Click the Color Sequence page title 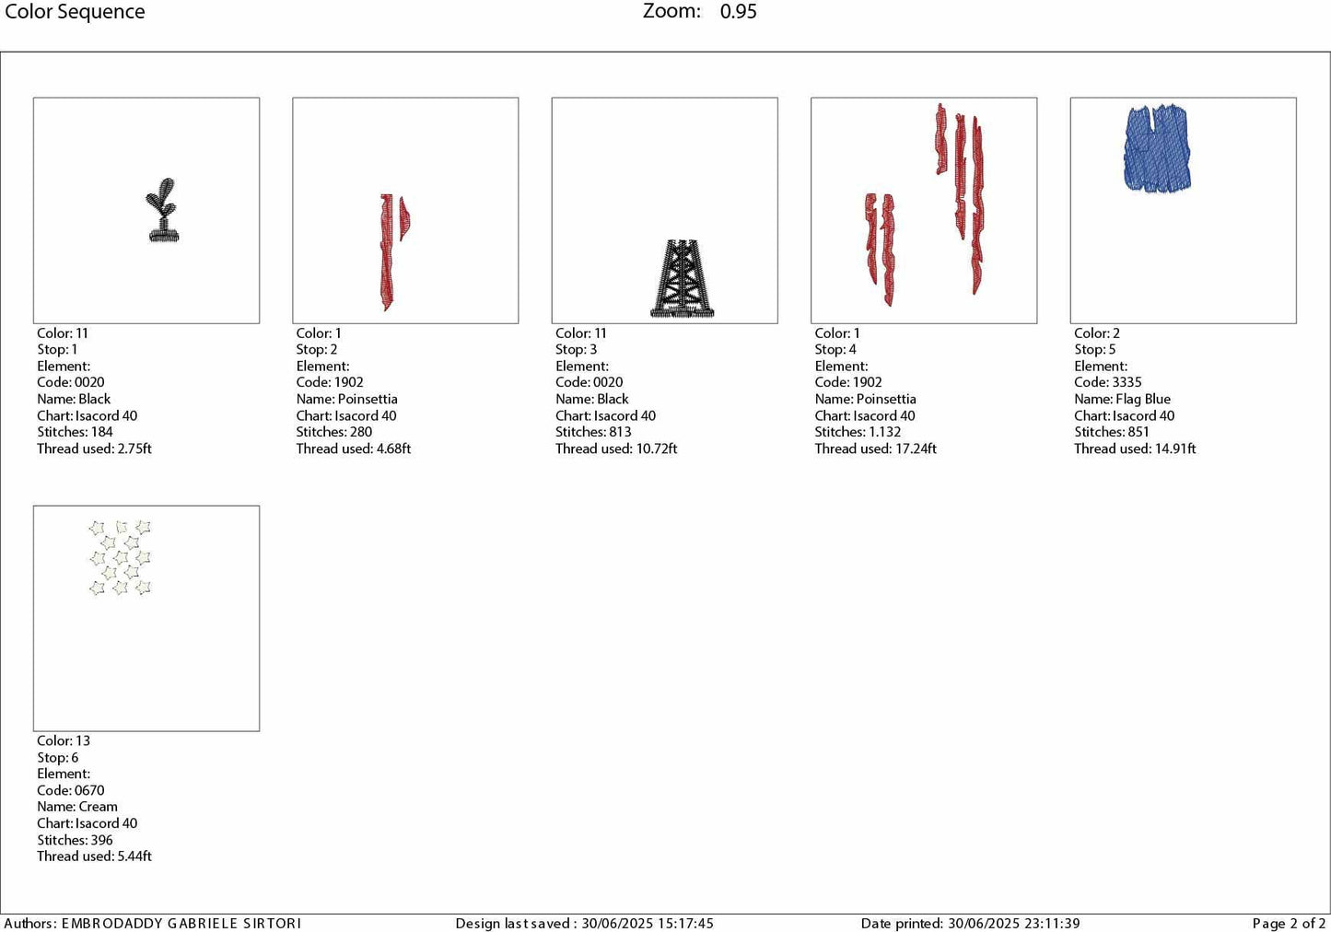pyautogui.click(x=75, y=12)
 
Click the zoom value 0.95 pyautogui.click(x=738, y=12)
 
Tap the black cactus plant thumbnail pyautogui.click(x=163, y=211)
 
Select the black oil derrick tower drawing pyautogui.click(x=682, y=279)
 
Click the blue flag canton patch pyautogui.click(x=1157, y=148)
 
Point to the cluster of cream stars pyautogui.click(x=120, y=557)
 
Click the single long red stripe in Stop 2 pyautogui.click(x=387, y=250)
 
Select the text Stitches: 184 pyautogui.click(x=75, y=432)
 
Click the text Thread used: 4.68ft pyautogui.click(x=353, y=449)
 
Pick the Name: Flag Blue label pyautogui.click(x=1122, y=399)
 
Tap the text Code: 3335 pyautogui.click(x=1107, y=382)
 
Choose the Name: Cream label pyautogui.click(x=77, y=807)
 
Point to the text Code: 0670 pyautogui.click(x=71, y=790)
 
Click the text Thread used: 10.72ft pyautogui.click(x=616, y=449)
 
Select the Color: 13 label pyautogui.click(x=64, y=740)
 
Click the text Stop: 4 pyautogui.click(x=835, y=349)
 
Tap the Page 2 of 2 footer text pyautogui.click(x=1289, y=923)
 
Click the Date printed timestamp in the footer pyautogui.click(x=970, y=923)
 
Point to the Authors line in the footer pyautogui.click(x=153, y=923)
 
